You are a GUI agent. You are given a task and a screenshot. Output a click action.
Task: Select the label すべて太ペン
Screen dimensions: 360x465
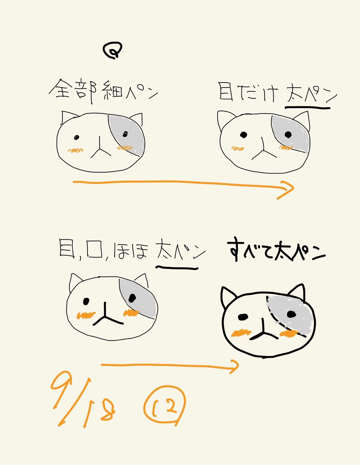276,250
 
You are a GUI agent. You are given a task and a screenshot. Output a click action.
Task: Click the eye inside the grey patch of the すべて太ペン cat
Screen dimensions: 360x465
291,314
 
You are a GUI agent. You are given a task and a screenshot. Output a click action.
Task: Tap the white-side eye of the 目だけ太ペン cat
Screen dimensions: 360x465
243,134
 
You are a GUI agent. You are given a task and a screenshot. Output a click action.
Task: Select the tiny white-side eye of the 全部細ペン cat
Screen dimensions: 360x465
76,138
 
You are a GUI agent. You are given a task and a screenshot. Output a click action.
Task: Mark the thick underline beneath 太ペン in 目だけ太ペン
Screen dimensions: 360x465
308,108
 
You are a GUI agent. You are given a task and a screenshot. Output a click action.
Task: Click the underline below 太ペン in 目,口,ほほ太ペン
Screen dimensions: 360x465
177,268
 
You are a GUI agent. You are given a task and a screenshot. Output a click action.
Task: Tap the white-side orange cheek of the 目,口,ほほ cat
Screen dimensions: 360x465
86,315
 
